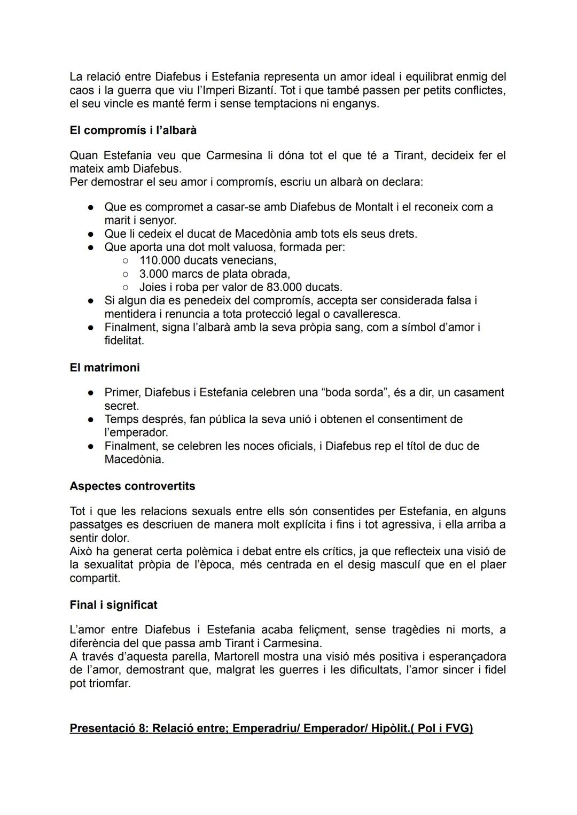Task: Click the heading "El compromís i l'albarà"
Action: pos(133,130)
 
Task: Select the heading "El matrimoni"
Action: pos(105,368)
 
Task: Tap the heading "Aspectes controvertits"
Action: pos(132,486)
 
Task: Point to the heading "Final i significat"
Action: pos(113,605)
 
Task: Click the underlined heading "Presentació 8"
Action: pos(271,728)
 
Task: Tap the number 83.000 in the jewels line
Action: pos(284,288)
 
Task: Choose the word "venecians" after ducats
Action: pos(251,261)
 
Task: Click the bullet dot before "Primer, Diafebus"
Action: pos(91,393)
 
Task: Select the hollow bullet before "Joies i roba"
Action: pos(125,288)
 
